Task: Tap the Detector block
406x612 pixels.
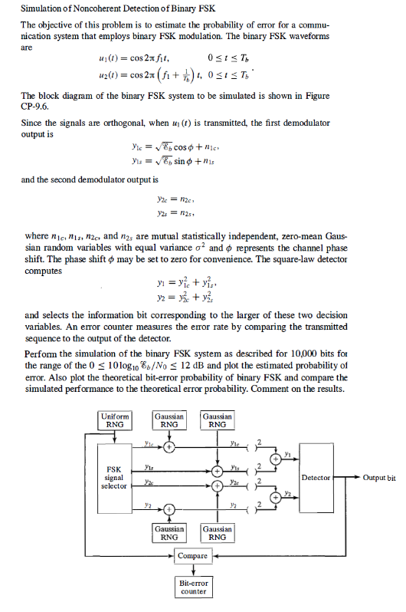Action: (316, 478)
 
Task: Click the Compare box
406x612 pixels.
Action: (193, 555)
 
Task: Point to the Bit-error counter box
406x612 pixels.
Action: (193, 586)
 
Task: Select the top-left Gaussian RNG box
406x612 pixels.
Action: (169, 420)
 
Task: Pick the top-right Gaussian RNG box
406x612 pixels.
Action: (218, 420)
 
